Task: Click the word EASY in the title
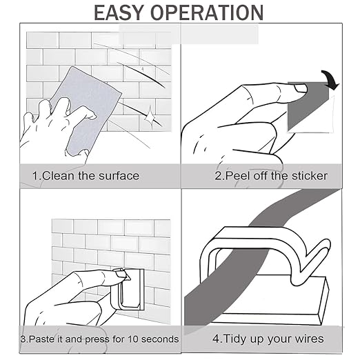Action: [119, 12]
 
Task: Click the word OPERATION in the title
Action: [207, 12]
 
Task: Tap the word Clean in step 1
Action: [59, 176]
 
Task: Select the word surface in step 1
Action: [119, 176]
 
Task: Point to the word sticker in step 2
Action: [310, 176]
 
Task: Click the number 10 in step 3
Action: [133, 339]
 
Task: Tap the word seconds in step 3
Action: [160, 339]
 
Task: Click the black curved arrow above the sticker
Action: [330, 79]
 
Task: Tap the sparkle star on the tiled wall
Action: [150, 115]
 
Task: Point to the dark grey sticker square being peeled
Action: [309, 106]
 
